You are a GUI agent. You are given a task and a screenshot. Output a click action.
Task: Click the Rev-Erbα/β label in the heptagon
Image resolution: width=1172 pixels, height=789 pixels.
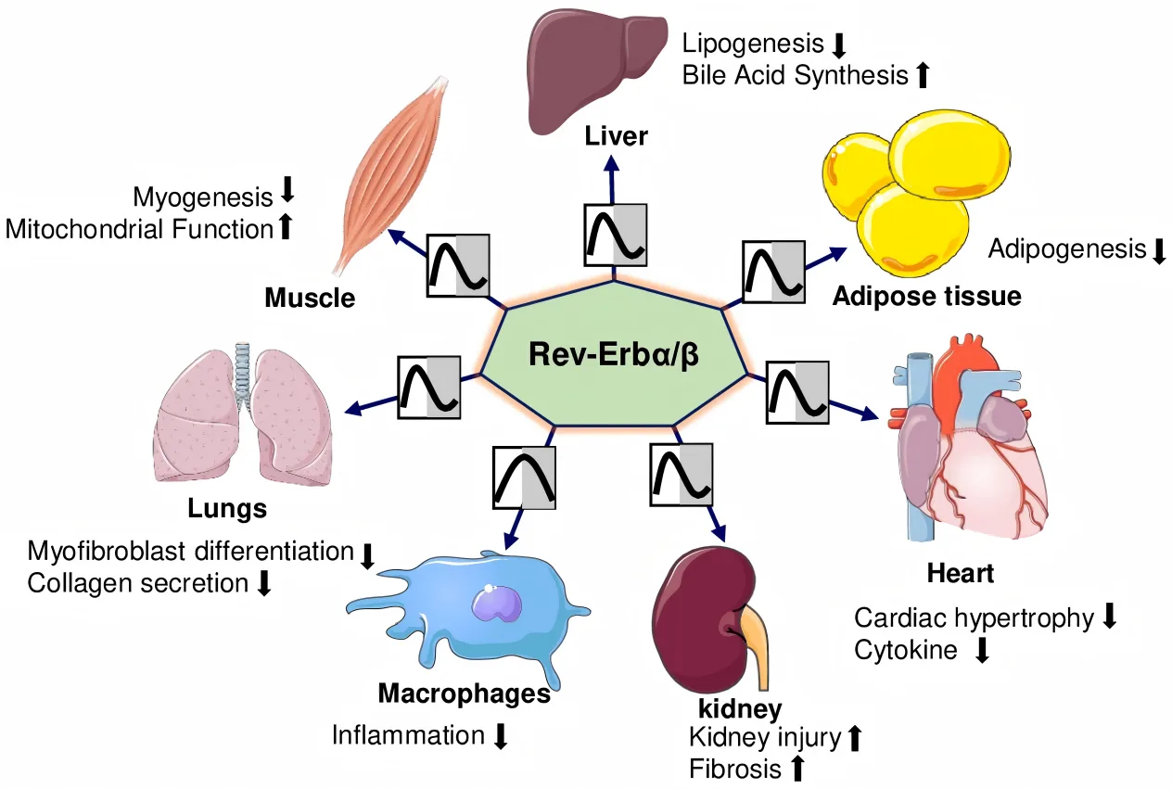(613, 355)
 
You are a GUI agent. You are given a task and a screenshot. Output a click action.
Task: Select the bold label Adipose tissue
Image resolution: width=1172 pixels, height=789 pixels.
(926, 297)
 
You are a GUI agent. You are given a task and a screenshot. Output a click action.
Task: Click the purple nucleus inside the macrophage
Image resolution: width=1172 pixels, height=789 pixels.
(497, 604)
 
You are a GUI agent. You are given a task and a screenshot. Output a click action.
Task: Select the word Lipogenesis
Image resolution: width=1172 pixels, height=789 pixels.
(753, 44)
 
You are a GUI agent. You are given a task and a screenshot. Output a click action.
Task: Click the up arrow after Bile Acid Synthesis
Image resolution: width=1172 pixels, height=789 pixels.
(922, 75)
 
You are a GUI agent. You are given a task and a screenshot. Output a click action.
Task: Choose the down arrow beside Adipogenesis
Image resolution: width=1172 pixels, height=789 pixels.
(1157, 250)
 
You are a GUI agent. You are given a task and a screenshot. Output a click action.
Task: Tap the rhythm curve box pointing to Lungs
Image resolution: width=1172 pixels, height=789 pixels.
(428, 386)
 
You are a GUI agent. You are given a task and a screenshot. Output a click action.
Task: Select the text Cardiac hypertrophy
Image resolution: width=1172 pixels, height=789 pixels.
(974, 618)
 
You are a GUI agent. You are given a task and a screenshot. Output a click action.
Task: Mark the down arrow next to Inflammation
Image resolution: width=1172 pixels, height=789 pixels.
(501, 737)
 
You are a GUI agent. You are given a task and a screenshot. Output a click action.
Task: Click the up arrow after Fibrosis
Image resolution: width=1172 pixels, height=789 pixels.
(796, 769)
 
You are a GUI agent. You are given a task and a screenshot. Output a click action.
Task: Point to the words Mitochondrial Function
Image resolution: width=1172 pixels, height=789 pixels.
(138, 228)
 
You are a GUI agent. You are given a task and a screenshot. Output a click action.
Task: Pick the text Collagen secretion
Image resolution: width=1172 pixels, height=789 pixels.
(138, 583)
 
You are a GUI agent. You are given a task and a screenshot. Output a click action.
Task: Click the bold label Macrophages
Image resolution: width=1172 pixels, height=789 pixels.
(464, 694)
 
